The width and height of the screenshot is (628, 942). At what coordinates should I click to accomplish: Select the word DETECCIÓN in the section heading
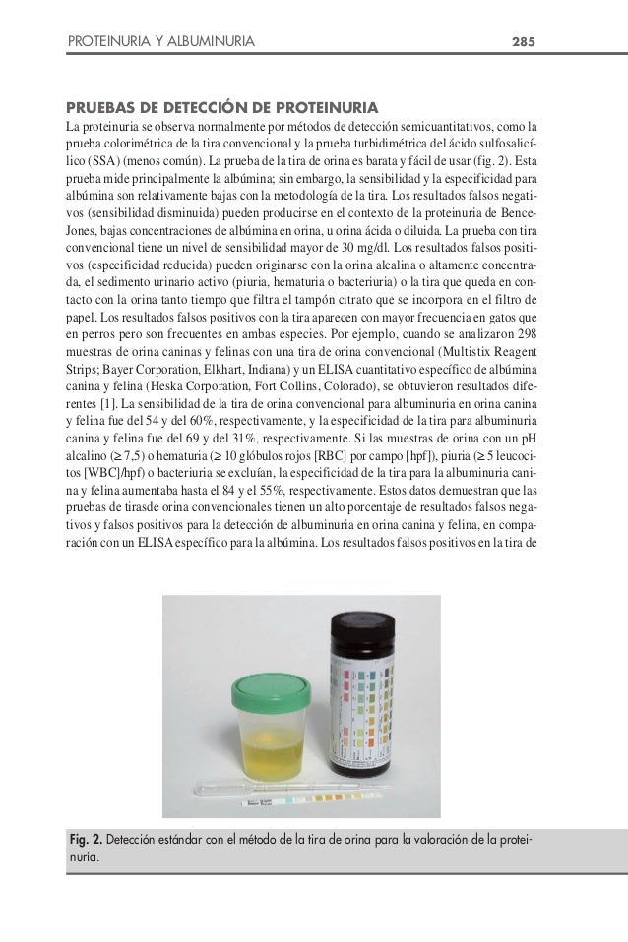coord(208,106)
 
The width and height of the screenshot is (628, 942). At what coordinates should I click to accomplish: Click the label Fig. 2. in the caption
coord(85,842)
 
